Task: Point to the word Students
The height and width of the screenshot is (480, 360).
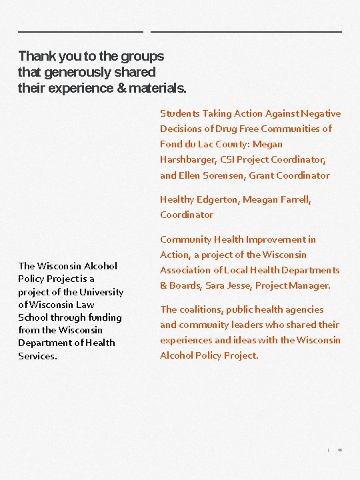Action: [x=180, y=113]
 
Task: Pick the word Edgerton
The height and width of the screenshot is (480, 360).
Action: [x=217, y=199]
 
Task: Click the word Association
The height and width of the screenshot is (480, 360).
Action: [x=185, y=270]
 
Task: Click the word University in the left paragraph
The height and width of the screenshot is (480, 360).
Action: [x=101, y=292]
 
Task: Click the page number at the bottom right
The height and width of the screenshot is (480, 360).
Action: [x=339, y=450]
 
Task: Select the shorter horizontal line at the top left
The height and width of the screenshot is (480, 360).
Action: [x=80, y=31]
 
